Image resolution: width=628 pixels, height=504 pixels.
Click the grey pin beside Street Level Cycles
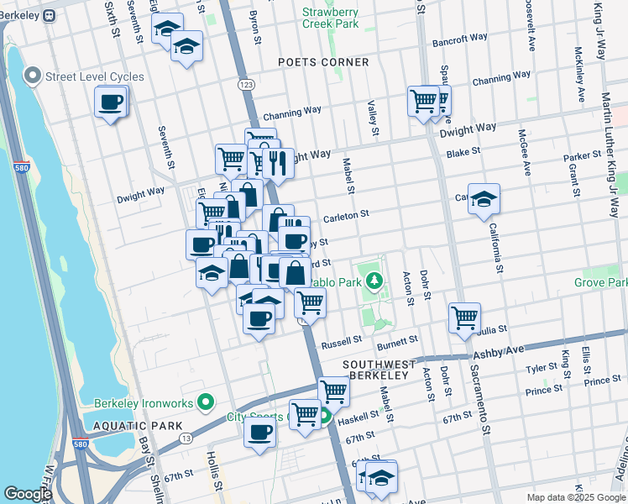(x=34, y=76)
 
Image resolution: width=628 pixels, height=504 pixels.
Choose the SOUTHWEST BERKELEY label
(x=375, y=370)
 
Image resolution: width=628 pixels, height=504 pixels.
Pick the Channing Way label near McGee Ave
(x=501, y=79)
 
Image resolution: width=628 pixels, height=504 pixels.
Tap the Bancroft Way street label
(x=460, y=39)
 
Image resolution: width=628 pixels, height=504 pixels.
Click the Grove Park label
(x=601, y=283)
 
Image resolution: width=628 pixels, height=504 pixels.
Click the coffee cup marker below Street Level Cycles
(x=111, y=103)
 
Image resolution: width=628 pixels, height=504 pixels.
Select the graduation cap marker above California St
(x=484, y=198)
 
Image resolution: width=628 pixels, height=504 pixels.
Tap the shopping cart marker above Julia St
(x=464, y=318)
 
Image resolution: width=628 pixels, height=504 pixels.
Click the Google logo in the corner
(x=28, y=495)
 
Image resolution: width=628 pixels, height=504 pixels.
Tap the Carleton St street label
(x=346, y=215)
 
